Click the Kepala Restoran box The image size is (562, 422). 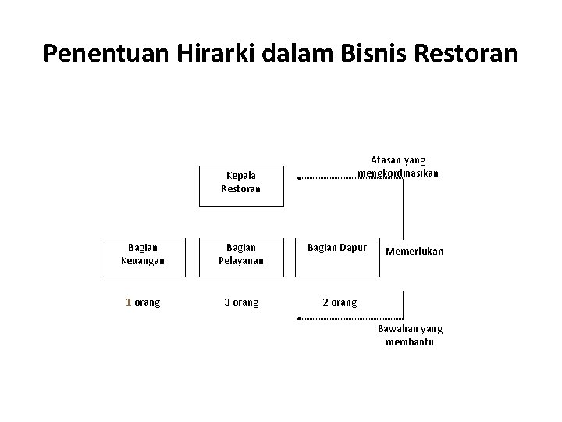(x=241, y=184)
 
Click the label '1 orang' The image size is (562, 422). (x=144, y=302)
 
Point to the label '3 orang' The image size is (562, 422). (x=241, y=302)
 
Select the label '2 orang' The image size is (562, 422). (x=340, y=302)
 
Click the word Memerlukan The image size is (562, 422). (x=414, y=252)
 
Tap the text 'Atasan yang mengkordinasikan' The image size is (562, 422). (x=398, y=166)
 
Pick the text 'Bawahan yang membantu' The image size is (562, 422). (x=410, y=336)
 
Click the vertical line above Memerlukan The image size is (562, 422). (x=404, y=207)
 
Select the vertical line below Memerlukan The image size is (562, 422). (x=404, y=305)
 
